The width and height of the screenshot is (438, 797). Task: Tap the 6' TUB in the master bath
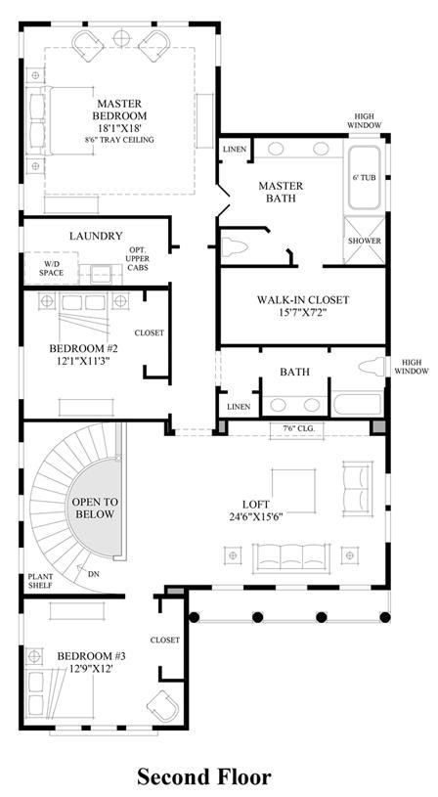[x=364, y=178]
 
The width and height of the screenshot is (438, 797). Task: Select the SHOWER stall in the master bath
[x=364, y=241]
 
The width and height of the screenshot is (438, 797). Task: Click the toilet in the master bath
[x=235, y=248]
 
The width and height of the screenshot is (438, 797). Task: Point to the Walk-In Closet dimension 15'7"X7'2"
[x=302, y=313]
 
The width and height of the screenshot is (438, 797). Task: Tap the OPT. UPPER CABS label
[x=138, y=259]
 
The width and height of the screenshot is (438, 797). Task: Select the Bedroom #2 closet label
[x=149, y=332]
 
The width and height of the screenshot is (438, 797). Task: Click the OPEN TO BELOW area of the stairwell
[x=95, y=508]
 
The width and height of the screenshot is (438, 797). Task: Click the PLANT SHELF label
[x=40, y=581]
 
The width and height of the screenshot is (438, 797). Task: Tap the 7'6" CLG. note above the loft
[x=299, y=428]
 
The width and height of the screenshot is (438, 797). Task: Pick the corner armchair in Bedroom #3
[x=163, y=706]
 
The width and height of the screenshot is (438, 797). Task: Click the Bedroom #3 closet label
[x=164, y=640]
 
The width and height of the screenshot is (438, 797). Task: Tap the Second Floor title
[x=204, y=776]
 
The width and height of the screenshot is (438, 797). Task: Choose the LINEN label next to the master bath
[x=235, y=150]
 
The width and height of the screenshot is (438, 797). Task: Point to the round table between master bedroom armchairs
[x=121, y=37]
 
